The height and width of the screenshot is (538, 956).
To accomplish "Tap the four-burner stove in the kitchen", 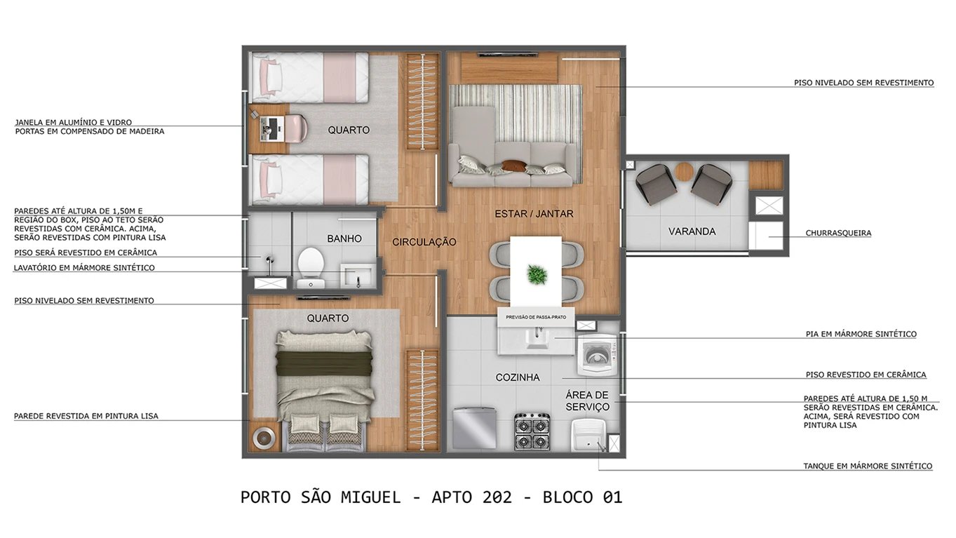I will [532, 431].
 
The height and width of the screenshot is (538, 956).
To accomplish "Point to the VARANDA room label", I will [692, 231].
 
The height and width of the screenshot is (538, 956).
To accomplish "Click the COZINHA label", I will [518, 377].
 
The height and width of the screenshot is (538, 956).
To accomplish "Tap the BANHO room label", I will [344, 238].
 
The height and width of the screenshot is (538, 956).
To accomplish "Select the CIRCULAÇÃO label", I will [424, 242].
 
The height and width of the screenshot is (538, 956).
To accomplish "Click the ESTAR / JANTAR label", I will [534, 214].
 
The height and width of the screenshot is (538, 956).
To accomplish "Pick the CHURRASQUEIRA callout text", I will [838, 233].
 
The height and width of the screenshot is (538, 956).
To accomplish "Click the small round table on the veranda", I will [684, 170].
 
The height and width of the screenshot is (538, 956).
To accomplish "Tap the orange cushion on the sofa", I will [513, 166].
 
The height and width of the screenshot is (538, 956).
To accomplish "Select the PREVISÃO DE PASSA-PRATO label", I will [536, 317].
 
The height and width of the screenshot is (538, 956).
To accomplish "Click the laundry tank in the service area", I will [587, 435].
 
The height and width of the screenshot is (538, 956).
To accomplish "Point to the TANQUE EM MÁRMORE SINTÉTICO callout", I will [868, 466].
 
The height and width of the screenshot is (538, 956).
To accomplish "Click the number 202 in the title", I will [497, 497].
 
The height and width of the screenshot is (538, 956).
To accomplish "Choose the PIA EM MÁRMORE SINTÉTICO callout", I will [861, 334].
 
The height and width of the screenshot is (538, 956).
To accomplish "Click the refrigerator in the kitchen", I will [473, 427].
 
